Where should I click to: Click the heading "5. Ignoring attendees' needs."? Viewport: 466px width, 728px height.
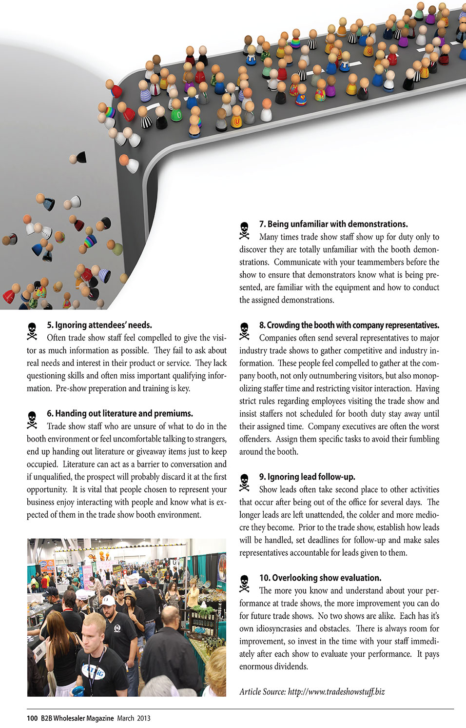click(99, 325)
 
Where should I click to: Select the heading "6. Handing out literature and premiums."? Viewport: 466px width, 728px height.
click(120, 413)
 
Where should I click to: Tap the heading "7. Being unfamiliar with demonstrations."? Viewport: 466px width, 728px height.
click(333, 224)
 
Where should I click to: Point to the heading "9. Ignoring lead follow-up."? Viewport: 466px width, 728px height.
click(307, 477)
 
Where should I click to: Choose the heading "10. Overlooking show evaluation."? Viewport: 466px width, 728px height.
click(320, 578)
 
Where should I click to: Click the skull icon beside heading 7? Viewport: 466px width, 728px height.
click(244, 230)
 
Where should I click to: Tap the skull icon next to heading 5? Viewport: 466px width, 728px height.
click(32, 331)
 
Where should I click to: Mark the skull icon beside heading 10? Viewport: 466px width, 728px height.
click(244, 584)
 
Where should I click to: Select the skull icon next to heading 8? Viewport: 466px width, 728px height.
click(244, 331)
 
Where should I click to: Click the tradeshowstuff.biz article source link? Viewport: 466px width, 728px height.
click(336, 691)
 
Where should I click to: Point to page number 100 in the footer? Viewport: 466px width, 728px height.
click(32, 718)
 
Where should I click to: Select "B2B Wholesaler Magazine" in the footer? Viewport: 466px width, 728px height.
click(77, 718)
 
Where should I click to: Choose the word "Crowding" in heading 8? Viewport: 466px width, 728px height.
click(284, 325)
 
